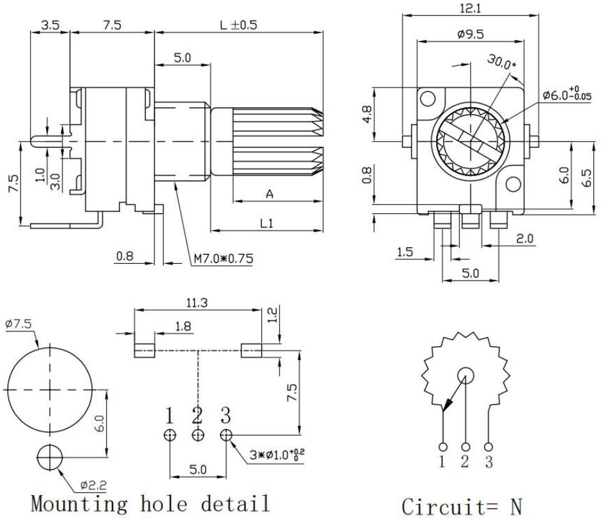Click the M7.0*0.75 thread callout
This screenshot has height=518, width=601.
[224, 259]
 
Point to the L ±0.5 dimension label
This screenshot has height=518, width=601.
[238, 25]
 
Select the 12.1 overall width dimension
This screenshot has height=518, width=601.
[470, 8]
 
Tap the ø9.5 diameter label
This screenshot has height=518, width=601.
[470, 34]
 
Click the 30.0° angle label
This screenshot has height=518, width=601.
[501, 61]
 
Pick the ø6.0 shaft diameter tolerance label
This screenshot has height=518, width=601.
[567, 93]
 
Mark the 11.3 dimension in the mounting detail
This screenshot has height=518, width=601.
[197, 303]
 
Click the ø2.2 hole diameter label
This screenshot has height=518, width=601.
[93, 485]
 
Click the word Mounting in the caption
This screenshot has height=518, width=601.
[79, 503]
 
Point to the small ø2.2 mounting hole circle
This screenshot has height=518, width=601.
[50, 457]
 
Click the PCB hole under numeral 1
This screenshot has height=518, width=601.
[170, 435]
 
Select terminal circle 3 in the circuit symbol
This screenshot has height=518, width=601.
[489, 447]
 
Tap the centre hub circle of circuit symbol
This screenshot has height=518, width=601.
[466, 376]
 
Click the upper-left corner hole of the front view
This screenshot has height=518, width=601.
[428, 98]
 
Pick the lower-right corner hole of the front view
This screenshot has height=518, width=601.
[514, 184]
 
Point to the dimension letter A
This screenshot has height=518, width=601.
[270, 194]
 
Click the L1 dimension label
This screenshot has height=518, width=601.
[267, 223]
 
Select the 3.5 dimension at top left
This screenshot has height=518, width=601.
[50, 26]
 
